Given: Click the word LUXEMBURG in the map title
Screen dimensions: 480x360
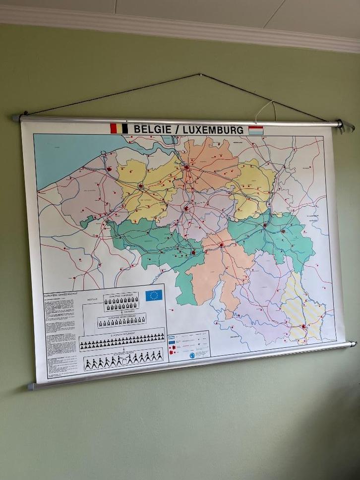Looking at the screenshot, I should (213, 130).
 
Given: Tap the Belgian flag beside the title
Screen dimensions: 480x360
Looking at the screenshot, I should (119, 128).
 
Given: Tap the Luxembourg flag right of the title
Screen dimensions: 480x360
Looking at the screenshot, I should (256, 130).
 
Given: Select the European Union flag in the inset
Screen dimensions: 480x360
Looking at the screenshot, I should (154, 296).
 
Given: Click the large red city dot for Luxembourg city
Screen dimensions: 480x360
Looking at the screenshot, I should (303, 327).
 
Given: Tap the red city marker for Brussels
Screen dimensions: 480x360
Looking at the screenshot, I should (186, 209).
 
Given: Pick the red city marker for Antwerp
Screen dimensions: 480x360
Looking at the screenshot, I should (187, 168).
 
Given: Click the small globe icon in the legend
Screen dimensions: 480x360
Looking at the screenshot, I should (192, 355).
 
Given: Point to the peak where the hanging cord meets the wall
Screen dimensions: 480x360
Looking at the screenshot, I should (200, 75).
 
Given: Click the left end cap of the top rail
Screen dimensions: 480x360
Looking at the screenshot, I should (16, 118).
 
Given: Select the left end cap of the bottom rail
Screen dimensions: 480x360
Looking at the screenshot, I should (31, 386).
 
